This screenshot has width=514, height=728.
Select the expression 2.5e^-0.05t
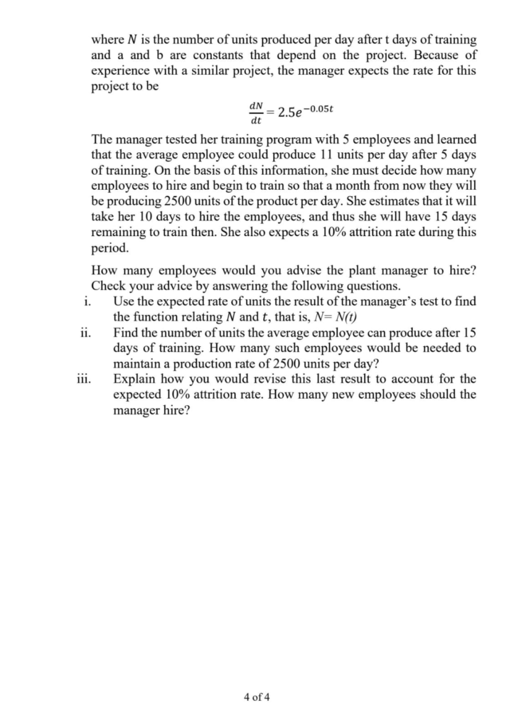pyautogui.click(x=306, y=112)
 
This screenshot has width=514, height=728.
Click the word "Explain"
pyautogui.click(x=135, y=379)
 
